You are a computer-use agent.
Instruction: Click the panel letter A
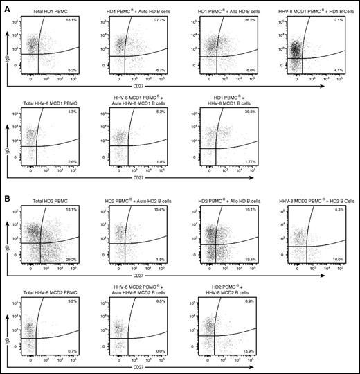6,5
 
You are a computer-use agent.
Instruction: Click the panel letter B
6,191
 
